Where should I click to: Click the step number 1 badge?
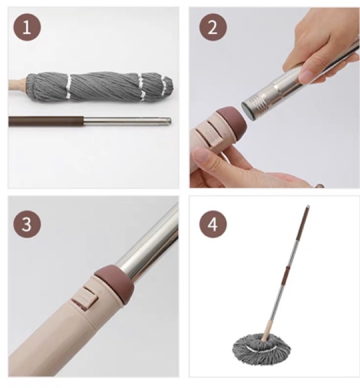[x=27, y=27]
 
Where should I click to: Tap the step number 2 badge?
[x=213, y=27]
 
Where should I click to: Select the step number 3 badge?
[x=27, y=224]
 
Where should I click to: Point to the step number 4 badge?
[x=213, y=224]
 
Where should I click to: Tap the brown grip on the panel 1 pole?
[x=46, y=121]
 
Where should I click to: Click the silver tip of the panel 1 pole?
[x=168, y=121]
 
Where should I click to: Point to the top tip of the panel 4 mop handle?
[x=307, y=206]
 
